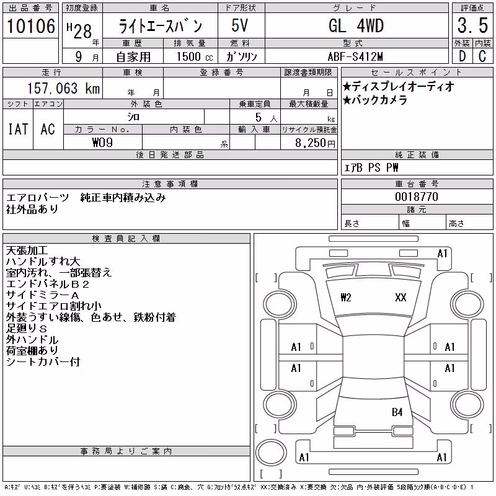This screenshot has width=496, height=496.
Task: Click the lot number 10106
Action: [30, 26]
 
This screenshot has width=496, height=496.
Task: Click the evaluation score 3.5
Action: [472, 25]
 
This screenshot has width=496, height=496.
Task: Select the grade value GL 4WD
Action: [356, 25]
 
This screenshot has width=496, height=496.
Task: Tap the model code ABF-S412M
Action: [355, 56]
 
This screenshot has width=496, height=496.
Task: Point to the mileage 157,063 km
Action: [64, 88]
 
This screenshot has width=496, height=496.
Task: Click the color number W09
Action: [102, 143]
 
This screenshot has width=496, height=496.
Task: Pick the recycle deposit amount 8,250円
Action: [315, 143]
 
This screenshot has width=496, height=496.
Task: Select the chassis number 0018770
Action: [417, 197]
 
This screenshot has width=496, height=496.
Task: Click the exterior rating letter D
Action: [463, 56]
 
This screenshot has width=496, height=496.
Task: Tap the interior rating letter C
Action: [482, 56]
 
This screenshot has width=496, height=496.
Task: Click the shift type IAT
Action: [18, 129]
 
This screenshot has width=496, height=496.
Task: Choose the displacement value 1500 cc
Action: [195, 56]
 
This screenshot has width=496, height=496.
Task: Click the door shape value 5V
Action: [239, 25]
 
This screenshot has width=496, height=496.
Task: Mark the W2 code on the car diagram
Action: [346, 298]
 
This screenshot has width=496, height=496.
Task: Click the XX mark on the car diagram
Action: [401, 298]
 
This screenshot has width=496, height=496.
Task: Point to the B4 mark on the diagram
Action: [397, 412]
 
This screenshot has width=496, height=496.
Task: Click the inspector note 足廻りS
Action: [27, 329]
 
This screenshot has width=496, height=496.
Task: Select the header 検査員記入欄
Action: [126, 239]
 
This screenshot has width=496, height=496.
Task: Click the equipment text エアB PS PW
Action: [371, 167]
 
